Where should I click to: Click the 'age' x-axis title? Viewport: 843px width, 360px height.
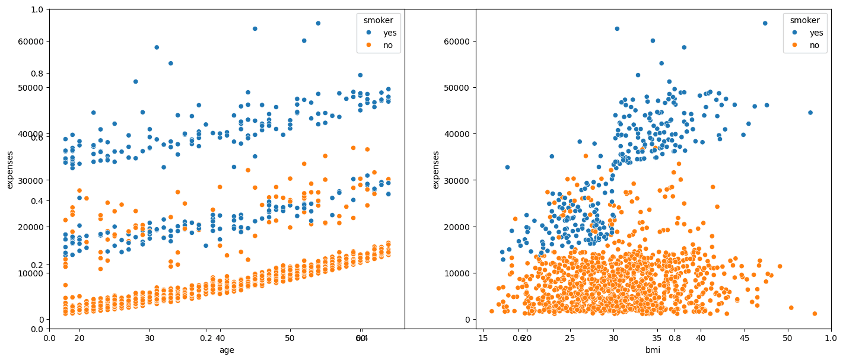click(227, 351)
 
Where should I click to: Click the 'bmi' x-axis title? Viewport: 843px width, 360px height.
click(653, 351)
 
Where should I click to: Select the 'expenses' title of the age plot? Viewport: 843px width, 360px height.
click(9, 170)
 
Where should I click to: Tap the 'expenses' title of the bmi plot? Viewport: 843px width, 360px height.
click(436, 170)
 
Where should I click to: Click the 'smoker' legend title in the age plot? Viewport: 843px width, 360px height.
click(378, 20)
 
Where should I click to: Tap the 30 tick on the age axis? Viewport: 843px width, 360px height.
click(149, 338)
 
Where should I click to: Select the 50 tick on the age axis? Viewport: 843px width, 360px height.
click(290, 338)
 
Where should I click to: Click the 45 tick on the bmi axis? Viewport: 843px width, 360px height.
click(744, 338)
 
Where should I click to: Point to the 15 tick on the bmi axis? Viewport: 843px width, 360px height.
click(483, 338)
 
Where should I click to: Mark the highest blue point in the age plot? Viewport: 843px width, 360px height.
click(318, 23)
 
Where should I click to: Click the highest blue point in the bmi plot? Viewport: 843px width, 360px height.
click(765, 23)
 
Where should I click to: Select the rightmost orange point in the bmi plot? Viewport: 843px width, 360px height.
click(815, 314)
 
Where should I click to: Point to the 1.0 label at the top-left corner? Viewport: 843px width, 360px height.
click(37, 9)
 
